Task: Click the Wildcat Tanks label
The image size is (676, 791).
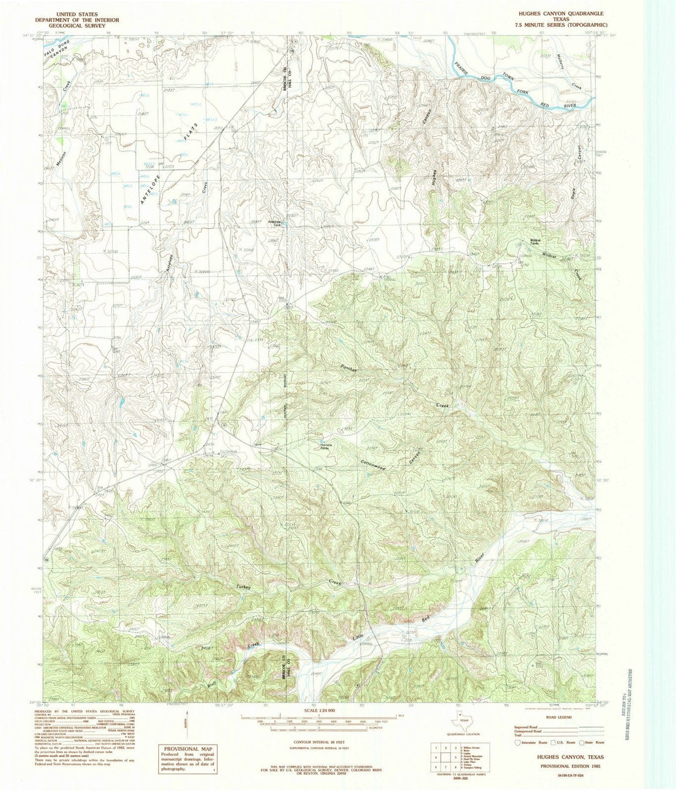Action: click(x=535, y=241)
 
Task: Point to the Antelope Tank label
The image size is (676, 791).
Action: click(x=275, y=223)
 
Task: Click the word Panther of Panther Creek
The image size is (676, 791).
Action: click(x=349, y=369)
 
